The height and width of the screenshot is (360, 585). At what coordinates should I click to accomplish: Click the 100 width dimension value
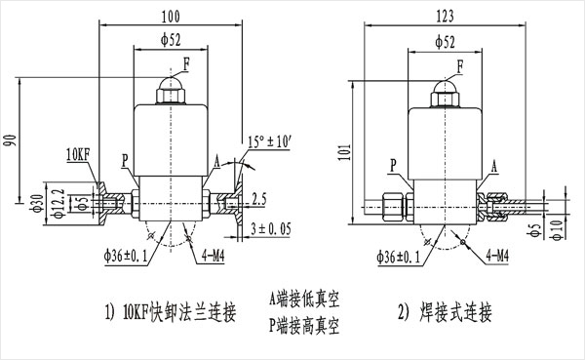[171, 17]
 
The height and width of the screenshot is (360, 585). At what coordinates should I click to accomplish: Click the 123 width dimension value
[446, 16]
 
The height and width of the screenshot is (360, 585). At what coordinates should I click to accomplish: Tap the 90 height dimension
[12, 140]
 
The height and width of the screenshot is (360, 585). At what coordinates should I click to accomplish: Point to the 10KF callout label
[78, 154]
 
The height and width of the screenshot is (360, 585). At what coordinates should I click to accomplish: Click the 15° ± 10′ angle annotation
[269, 141]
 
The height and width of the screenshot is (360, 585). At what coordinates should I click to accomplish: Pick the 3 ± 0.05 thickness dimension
[270, 229]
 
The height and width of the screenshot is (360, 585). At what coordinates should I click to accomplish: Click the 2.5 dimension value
[259, 199]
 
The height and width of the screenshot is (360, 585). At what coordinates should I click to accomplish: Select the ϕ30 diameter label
[37, 203]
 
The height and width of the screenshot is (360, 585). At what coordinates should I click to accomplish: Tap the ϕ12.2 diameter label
[58, 203]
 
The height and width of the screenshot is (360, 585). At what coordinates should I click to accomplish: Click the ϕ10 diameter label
[557, 230]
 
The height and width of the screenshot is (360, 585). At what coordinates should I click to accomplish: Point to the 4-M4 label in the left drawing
[213, 256]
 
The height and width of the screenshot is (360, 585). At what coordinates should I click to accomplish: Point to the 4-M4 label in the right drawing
[497, 256]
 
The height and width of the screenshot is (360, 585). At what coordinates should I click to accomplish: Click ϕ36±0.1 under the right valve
[399, 257]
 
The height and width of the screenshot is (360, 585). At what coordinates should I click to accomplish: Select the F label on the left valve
[186, 65]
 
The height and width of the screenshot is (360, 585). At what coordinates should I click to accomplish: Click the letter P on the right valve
[393, 166]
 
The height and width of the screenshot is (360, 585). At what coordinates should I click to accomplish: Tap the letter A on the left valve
[216, 161]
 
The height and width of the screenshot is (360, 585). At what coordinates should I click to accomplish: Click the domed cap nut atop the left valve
[171, 90]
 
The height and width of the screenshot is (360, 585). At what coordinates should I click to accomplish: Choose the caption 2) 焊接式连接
[445, 312]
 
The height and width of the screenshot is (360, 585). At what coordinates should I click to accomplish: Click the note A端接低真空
[304, 299]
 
